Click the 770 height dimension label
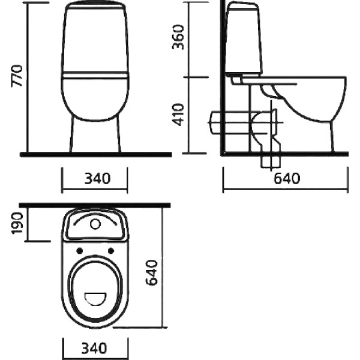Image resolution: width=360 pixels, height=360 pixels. (x=17, y=76)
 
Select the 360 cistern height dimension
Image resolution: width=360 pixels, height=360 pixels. (x=178, y=37)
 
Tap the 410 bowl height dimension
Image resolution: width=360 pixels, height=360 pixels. (x=178, y=115)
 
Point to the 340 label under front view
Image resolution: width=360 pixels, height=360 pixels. (x=97, y=178)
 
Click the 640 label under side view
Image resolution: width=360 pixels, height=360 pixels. (x=287, y=178)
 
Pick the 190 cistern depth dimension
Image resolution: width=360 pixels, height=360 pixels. (x=17, y=223)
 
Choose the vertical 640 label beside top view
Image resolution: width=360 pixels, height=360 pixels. (x=152, y=272)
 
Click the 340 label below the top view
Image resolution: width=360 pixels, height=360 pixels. (x=94, y=348)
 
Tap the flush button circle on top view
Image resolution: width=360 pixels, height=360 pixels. (x=95, y=224)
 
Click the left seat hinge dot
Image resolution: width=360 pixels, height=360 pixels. (x=80, y=251)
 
